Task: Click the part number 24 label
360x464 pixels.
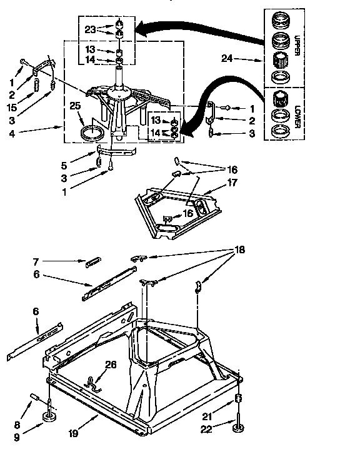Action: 227,59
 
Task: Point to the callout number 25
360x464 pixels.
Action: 76,106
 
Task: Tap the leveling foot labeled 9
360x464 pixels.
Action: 48,418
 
